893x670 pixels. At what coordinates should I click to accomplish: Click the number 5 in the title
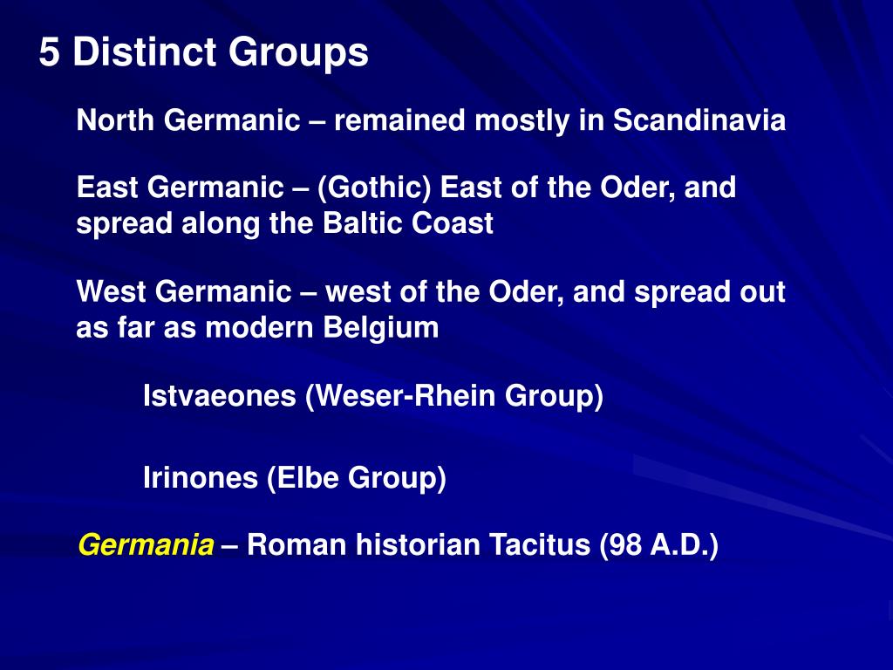coord(49,53)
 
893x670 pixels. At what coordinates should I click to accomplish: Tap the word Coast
coord(453,223)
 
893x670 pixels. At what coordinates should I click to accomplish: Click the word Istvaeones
coord(220,396)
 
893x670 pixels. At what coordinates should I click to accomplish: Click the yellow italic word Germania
coord(146,546)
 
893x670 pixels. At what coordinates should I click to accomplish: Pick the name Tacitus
coord(539,546)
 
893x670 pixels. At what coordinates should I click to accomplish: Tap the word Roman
coord(286,546)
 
